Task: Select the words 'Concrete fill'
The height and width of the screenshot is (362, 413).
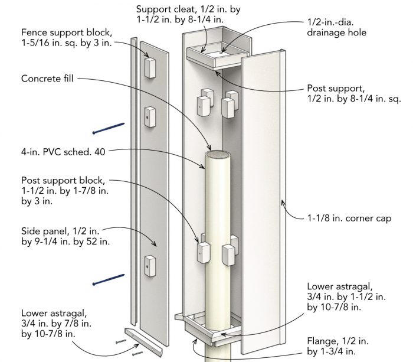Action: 48,78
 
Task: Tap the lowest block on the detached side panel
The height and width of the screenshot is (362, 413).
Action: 149,265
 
